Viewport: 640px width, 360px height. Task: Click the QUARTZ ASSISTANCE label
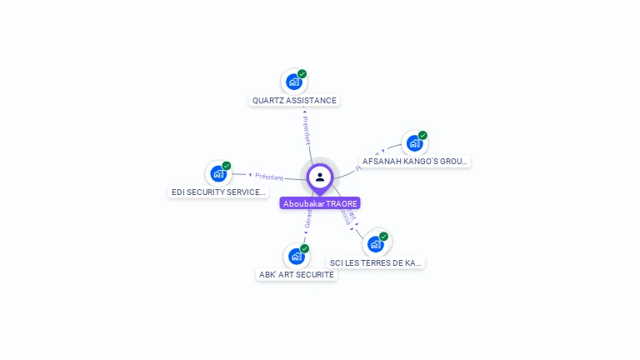click(x=294, y=100)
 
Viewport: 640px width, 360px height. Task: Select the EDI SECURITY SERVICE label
click(x=218, y=192)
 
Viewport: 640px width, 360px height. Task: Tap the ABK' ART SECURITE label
click(x=296, y=274)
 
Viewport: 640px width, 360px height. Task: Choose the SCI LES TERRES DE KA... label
click(x=375, y=262)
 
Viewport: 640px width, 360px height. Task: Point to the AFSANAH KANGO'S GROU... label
click(x=415, y=161)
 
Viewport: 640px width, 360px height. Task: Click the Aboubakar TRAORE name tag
click(x=320, y=203)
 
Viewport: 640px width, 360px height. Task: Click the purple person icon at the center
click(x=320, y=177)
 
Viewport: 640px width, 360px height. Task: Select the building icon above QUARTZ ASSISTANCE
click(x=293, y=82)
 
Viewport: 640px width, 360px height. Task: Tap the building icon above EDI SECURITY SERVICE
click(x=218, y=173)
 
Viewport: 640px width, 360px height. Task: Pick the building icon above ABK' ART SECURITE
click(x=296, y=256)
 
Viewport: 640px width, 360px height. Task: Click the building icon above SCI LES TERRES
click(x=375, y=243)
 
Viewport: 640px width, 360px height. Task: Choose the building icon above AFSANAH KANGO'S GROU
click(x=414, y=142)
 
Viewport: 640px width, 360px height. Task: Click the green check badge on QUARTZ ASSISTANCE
click(x=302, y=73)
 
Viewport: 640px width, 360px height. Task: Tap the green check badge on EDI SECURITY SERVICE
click(x=227, y=165)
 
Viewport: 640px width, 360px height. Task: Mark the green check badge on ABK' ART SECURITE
click(x=305, y=248)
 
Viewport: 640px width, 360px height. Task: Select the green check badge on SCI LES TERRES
click(x=384, y=236)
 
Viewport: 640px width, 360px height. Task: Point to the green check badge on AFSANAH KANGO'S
click(x=422, y=135)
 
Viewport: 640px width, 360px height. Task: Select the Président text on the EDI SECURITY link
click(x=269, y=177)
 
